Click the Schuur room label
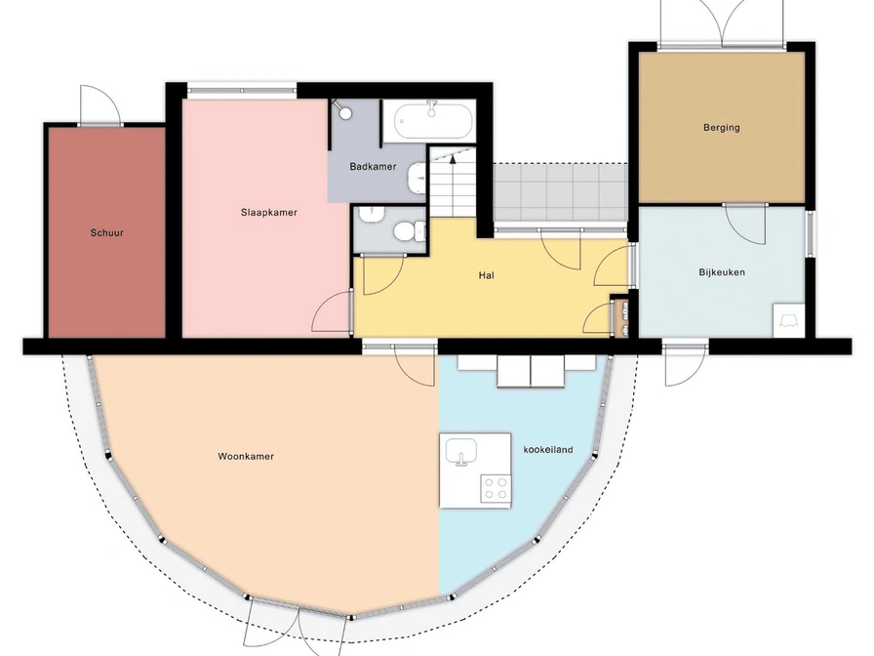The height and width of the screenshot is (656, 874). tap(107, 232)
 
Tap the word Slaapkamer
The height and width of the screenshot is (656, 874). tap(268, 213)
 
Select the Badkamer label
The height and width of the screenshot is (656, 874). tap(373, 166)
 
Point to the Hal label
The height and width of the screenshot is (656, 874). tap(486, 275)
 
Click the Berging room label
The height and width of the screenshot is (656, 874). tap(721, 127)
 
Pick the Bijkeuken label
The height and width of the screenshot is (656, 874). tap(722, 272)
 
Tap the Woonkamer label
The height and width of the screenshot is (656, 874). tap(246, 456)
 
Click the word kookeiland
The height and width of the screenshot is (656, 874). tap(548, 449)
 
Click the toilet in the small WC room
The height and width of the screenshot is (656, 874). tap(409, 229)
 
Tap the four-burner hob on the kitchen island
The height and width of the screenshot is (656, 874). tap(496, 488)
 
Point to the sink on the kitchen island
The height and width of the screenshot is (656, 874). tap(461, 451)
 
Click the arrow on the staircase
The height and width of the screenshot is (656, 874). tap(453, 162)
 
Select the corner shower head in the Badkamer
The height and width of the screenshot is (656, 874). tap(342, 110)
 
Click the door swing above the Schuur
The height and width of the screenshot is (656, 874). tap(100, 104)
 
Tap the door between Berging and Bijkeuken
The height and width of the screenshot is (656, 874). tap(744, 224)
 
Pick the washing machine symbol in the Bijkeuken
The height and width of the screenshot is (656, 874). tap(789, 320)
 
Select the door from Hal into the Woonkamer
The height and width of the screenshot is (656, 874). tap(415, 365)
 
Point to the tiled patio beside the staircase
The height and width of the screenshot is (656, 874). tap(561, 192)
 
